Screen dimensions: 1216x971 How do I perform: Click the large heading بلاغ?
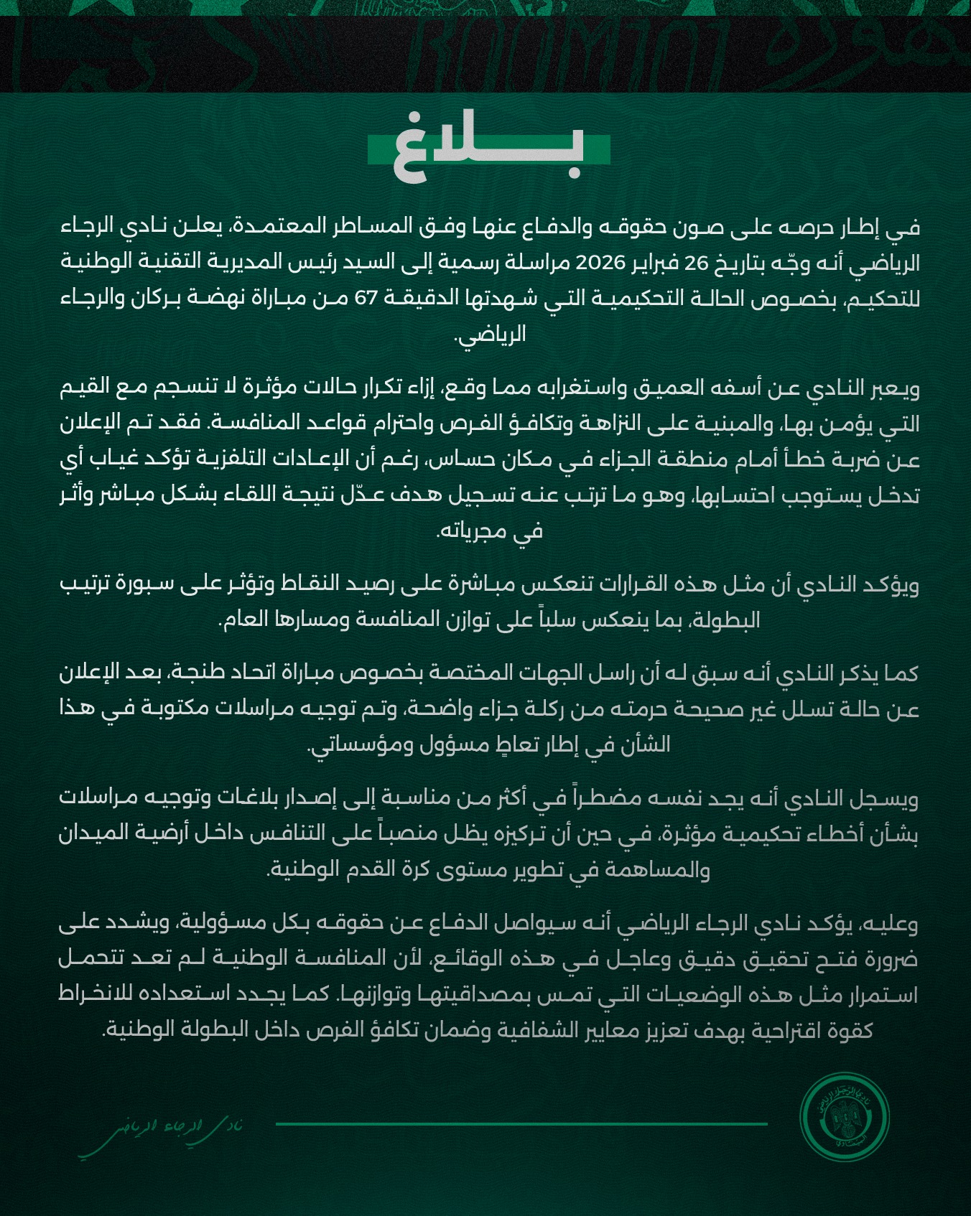click(488, 149)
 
